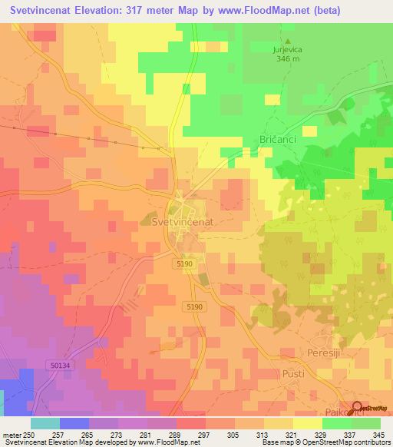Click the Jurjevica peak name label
[x=289, y=50]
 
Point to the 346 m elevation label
[x=289, y=59]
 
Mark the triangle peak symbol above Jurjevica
[x=289, y=41]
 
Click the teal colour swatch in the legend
[x=45, y=423]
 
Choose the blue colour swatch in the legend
[x=74, y=423]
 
